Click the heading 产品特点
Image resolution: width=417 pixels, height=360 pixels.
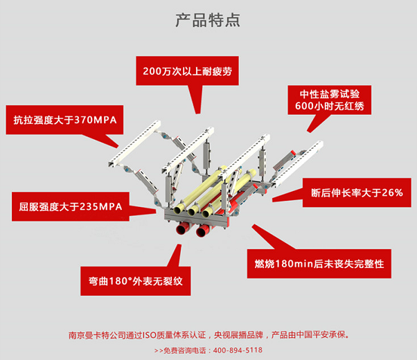(208, 19)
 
